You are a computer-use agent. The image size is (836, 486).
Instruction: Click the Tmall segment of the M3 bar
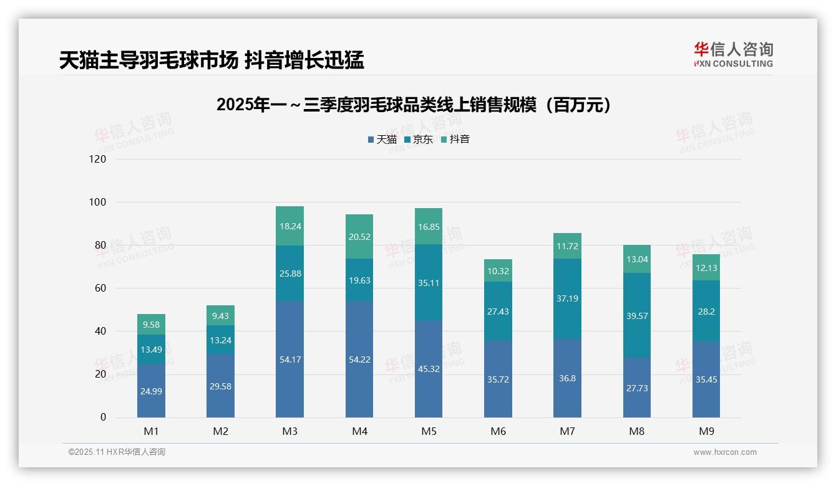click(289, 360)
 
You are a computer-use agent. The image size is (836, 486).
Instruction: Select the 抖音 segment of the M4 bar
click(359, 237)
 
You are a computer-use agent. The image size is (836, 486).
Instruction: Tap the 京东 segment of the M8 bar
click(636, 315)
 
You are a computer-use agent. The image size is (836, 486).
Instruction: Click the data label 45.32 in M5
click(428, 369)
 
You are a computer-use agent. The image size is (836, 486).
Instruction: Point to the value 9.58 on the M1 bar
click(151, 325)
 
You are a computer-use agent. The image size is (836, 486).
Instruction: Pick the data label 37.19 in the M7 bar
click(567, 298)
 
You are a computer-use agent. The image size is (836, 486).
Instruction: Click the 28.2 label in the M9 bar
click(706, 312)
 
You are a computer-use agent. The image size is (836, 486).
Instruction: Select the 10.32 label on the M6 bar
click(498, 271)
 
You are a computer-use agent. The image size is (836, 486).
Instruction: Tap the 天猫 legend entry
click(382, 140)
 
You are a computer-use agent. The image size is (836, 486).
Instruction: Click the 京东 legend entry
click(419, 140)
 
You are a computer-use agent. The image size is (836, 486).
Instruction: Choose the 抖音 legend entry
click(455, 140)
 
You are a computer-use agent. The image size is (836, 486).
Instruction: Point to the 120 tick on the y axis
click(98, 160)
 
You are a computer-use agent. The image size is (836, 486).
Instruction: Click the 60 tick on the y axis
click(100, 288)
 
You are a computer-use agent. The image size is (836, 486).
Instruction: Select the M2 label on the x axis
click(220, 431)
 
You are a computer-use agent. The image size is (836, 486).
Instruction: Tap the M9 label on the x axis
click(706, 431)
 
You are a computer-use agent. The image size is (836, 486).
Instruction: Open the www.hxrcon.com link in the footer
click(724, 452)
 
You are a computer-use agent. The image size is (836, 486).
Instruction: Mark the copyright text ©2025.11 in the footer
click(117, 452)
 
